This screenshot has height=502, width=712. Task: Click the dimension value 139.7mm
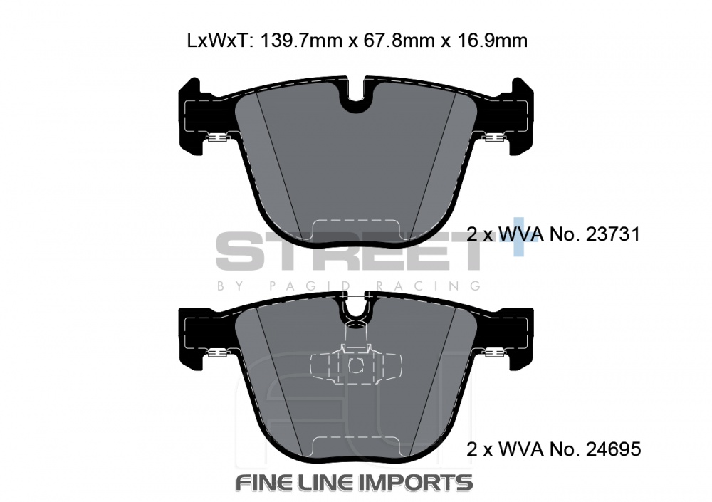[300, 41]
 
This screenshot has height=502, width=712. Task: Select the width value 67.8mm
[397, 41]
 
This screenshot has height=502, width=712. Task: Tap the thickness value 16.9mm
[491, 41]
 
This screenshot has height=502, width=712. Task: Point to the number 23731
[613, 234]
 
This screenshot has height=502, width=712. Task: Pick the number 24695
[614, 449]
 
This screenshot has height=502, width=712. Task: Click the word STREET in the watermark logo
[347, 251]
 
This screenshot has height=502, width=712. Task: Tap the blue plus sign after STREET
[519, 236]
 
